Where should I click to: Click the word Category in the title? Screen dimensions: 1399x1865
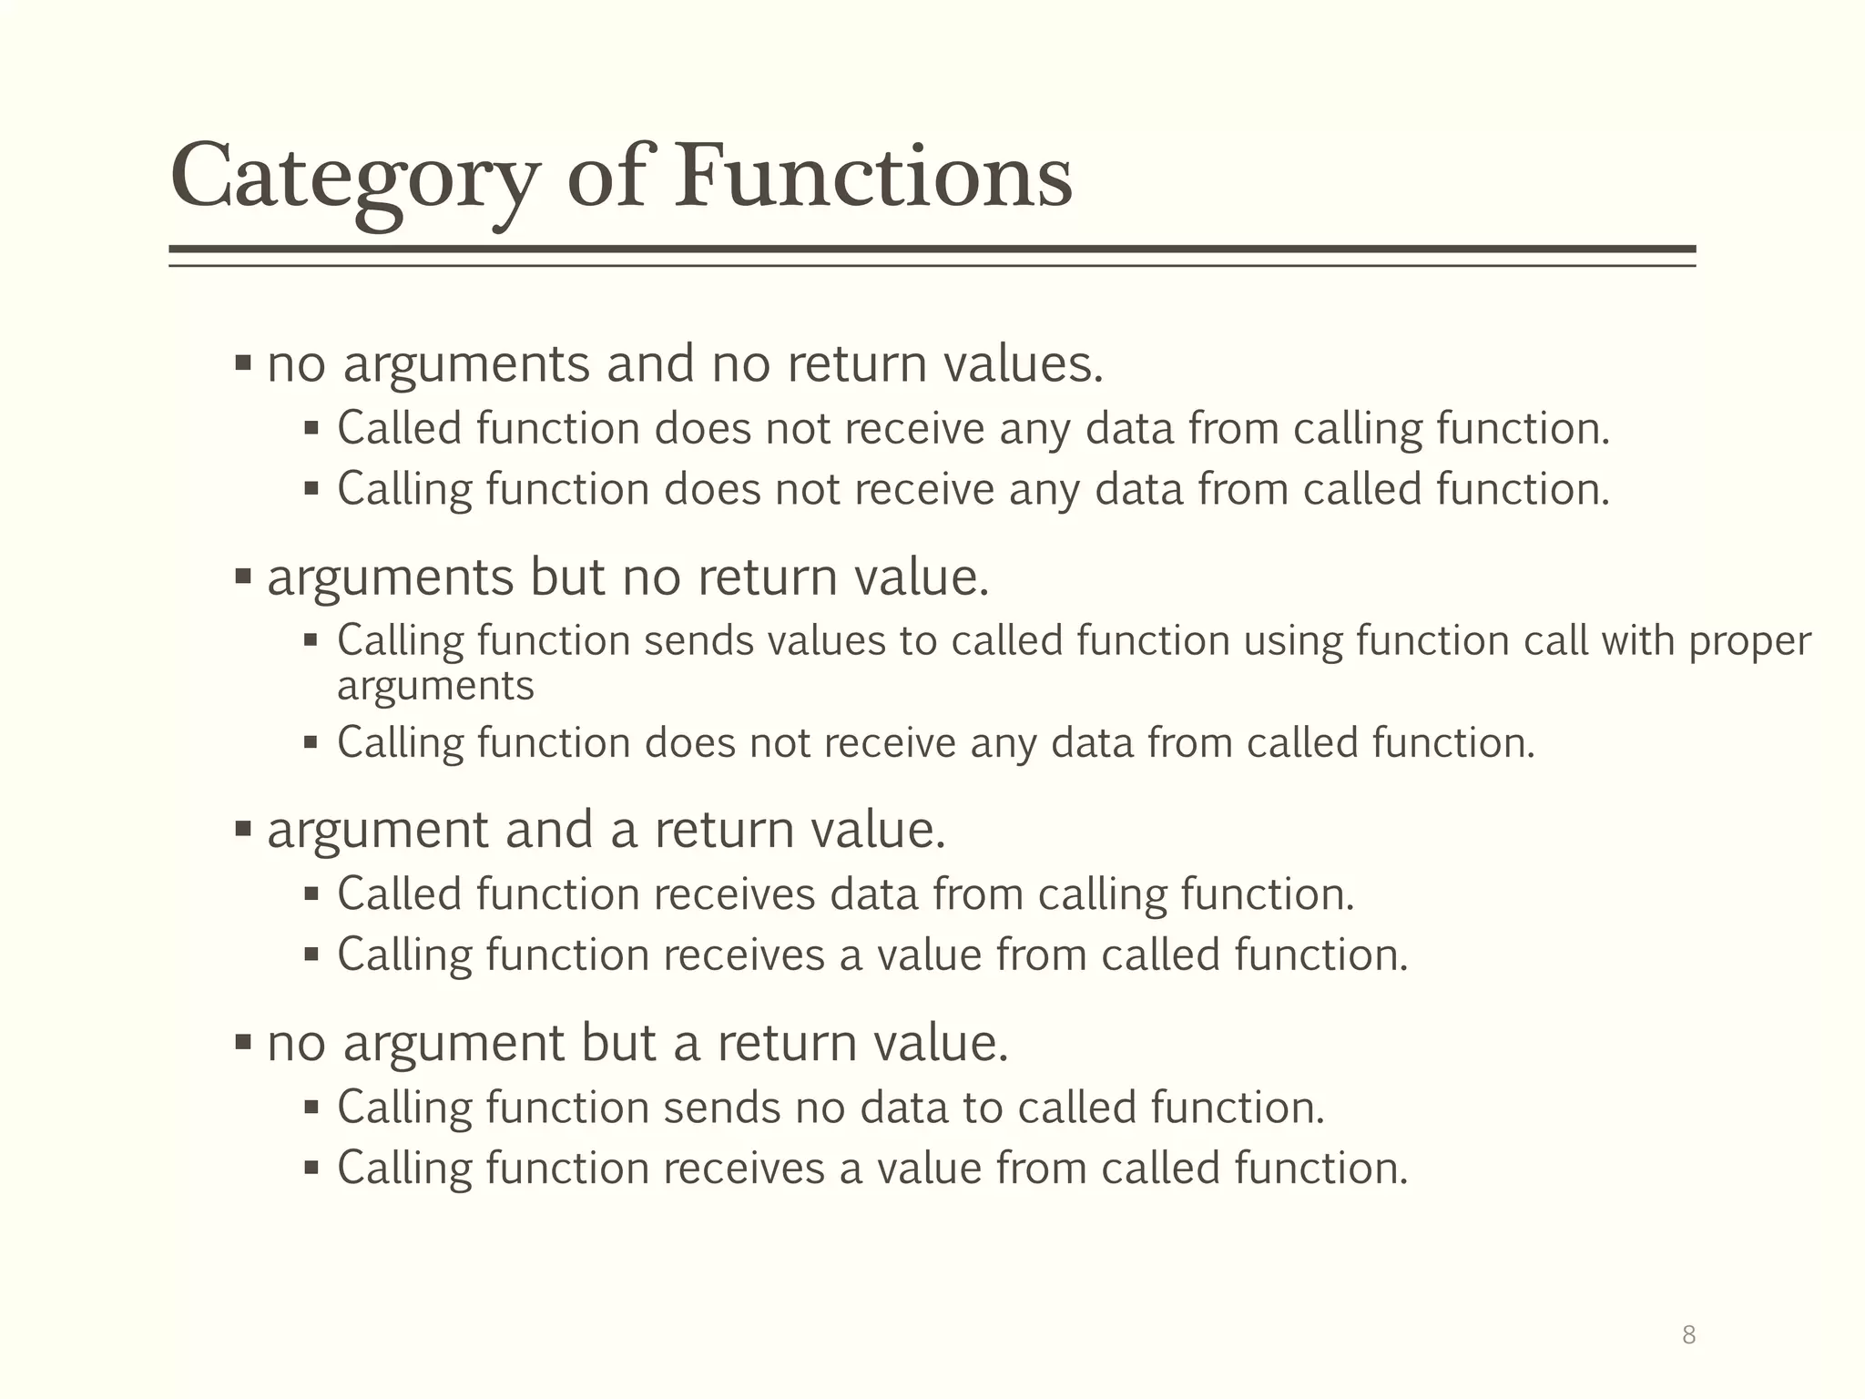click(355, 179)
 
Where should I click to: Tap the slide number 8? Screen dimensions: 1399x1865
click(1688, 1335)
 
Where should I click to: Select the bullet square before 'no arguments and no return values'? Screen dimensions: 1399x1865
click(242, 363)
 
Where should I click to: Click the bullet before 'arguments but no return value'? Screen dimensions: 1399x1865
click(242, 577)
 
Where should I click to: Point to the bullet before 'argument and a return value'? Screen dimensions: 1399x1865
click(242, 829)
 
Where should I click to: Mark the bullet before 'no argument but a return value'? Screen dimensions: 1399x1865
click(242, 1042)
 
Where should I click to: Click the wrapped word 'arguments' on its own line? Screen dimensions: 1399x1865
click(435, 686)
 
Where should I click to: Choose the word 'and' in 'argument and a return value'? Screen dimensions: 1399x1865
click(548, 830)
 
